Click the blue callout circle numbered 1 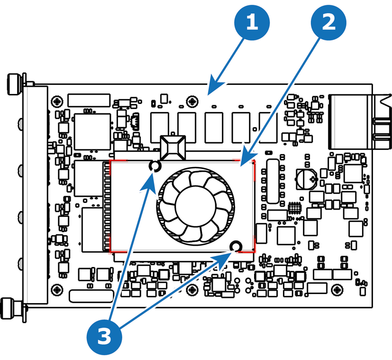coord(252,22)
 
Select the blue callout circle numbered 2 coord(328,22)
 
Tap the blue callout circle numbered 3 coord(104,337)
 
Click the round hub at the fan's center coord(195,206)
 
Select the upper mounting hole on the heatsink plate coord(155,166)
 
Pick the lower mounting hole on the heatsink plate coord(236,247)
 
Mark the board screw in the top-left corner coord(57,102)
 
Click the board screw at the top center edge coord(192,102)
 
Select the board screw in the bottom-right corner coord(337,289)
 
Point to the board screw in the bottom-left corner coord(57,290)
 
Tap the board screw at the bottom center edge coord(192,290)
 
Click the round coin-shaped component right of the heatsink coord(307,179)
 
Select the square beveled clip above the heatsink coord(173,148)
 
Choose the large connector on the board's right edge coord(360,121)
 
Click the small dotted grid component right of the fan coord(294,208)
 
